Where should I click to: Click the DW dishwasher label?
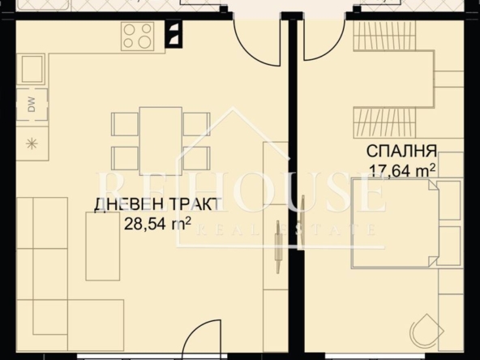pyautogui.click(x=32, y=105)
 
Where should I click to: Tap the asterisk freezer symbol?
pyautogui.click(x=32, y=144)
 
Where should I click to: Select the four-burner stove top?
pyautogui.click(x=138, y=36)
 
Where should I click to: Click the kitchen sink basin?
pyautogui.click(x=32, y=69)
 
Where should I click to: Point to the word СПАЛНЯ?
pyautogui.click(x=401, y=151)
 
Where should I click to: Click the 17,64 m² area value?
pyautogui.click(x=402, y=170)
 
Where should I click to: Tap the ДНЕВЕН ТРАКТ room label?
pyautogui.click(x=156, y=204)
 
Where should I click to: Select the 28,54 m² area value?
pyautogui.click(x=157, y=224)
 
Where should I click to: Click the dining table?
pyautogui.click(x=161, y=141)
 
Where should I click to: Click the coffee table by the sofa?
pyautogui.click(x=102, y=246)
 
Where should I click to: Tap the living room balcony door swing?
pyautogui.click(x=256, y=43)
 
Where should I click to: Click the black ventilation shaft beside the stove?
pyautogui.click(x=174, y=34)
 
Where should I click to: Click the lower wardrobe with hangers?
pyautogui.click(x=385, y=122)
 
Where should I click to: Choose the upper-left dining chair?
pyautogui.click(x=125, y=124)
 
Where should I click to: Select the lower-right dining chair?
pyautogui.click(x=196, y=158)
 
